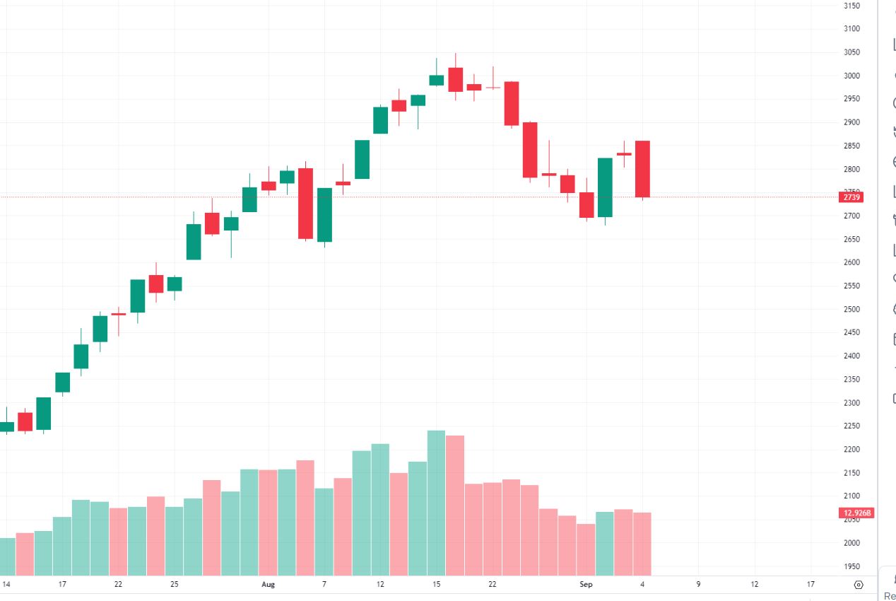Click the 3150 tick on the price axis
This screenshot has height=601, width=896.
pyautogui.click(x=851, y=6)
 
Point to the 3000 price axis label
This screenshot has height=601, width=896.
pyautogui.click(x=851, y=76)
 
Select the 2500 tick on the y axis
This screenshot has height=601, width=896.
pyautogui.click(x=851, y=309)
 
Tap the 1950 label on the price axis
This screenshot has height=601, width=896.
pyautogui.click(x=851, y=566)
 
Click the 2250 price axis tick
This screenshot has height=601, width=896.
pyautogui.click(x=851, y=426)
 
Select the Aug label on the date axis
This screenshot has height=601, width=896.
pyautogui.click(x=268, y=585)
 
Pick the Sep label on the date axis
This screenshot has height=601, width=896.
pyautogui.click(x=586, y=585)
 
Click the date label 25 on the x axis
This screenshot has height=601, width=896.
pyautogui.click(x=175, y=585)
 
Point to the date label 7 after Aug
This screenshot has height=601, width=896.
pyautogui.click(x=324, y=585)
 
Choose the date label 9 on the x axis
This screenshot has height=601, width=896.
pyautogui.click(x=698, y=585)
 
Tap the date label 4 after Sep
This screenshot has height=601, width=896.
pyautogui.click(x=642, y=585)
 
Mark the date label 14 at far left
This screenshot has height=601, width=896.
pyautogui.click(x=6, y=585)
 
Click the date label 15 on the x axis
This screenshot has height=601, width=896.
pyautogui.click(x=437, y=585)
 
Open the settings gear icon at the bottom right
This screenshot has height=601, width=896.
pyautogui.click(x=859, y=585)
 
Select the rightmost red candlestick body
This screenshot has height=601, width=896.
pyautogui.click(x=642, y=169)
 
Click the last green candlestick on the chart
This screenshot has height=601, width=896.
pyautogui.click(x=605, y=187)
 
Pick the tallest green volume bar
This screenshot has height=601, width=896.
pyautogui.click(x=437, y=503)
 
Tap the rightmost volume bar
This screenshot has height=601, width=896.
pyautogui.click(x=642, y=544)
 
